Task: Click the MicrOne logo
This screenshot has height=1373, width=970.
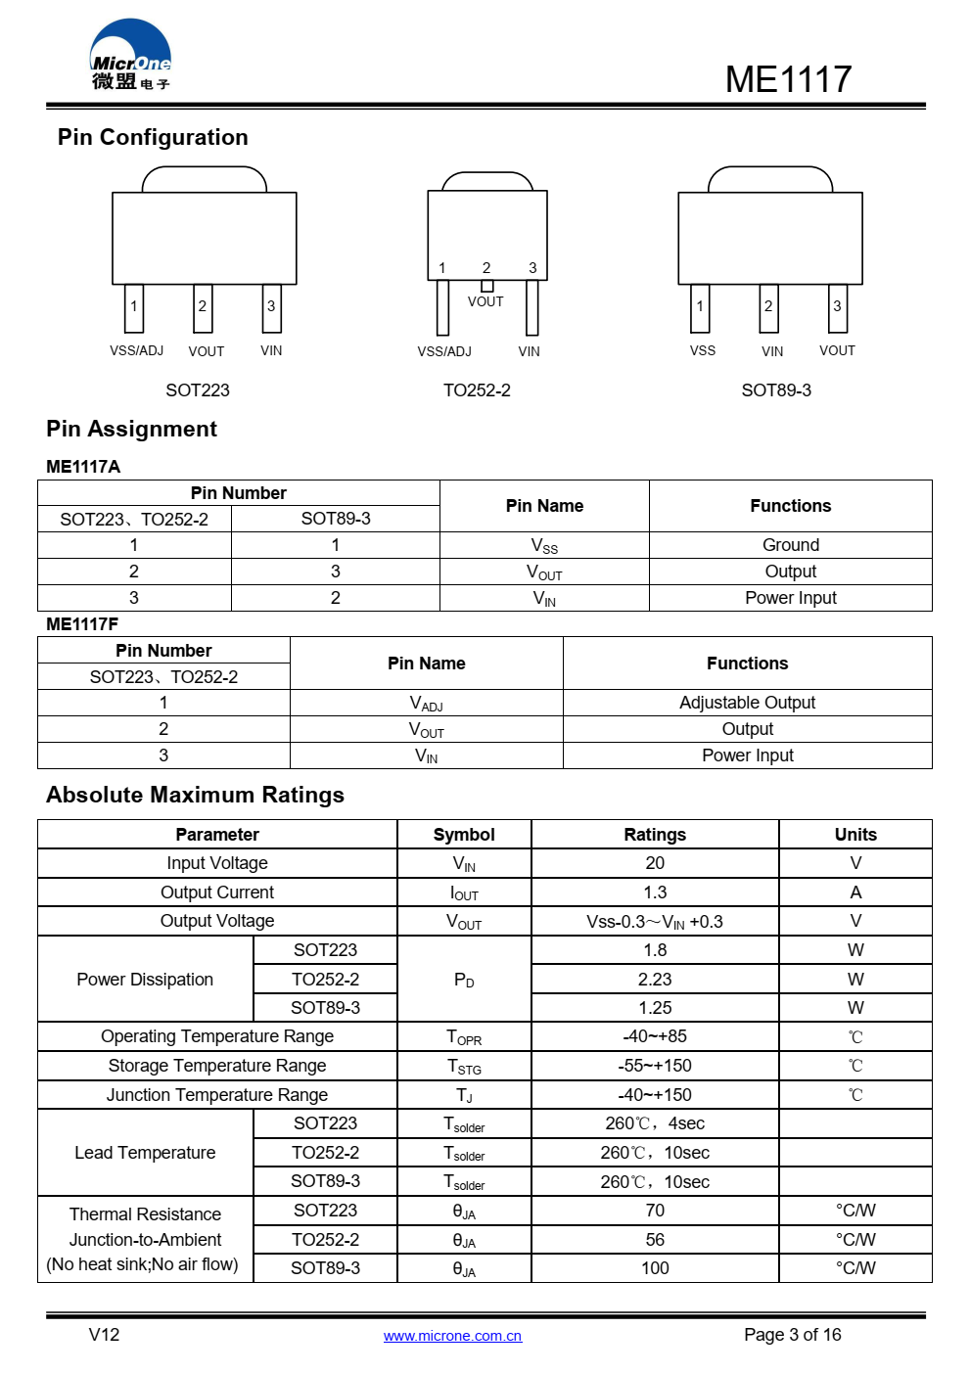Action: [130, 56]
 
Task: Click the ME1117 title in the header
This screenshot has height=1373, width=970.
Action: [788, 79]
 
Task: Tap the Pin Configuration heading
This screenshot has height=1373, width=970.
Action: [153, 137]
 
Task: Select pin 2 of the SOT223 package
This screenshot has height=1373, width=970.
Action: [203, 307]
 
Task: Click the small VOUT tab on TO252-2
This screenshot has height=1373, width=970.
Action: [486, 286]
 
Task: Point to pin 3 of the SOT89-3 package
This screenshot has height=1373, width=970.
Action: [837, 307]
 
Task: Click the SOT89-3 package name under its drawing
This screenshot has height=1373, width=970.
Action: [776, 390]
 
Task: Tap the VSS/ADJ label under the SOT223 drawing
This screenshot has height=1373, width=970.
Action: [136, 350]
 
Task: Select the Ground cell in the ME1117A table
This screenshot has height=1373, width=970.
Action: [790, 545]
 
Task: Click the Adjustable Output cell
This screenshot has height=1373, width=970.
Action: [747, 703]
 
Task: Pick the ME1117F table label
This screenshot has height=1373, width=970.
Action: [82, 624]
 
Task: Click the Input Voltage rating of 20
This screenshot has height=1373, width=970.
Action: [655, 863]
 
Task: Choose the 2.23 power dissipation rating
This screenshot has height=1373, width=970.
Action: [655, 980]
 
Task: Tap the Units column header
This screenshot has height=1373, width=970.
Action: [855, 835]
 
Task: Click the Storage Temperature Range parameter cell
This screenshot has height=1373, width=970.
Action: [217, 1066]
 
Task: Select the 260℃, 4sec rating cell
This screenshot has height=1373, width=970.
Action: [655, 1123]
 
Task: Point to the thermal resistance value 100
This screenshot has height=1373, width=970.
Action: [655, 1268]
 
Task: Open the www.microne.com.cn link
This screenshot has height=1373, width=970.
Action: [452, 1336]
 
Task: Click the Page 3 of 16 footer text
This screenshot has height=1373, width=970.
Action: [792, 1335]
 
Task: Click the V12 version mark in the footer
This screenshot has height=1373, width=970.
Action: [104, 1335]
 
